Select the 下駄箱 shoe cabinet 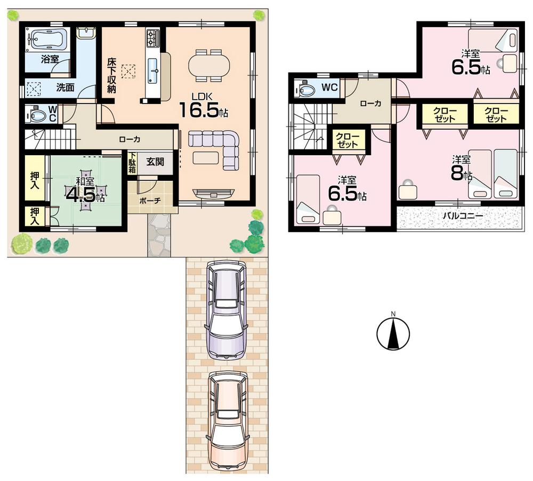coord(132,163)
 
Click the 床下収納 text coord(111,74)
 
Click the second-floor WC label coord(329,87)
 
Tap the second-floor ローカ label coord(370,103)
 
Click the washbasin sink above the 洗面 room coord(85,33)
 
